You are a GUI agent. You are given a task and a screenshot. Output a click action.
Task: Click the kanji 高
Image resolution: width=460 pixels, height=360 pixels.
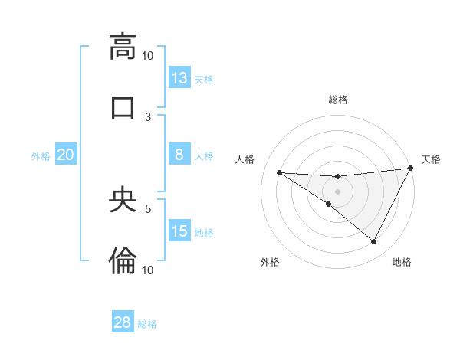click(x=123, y=47)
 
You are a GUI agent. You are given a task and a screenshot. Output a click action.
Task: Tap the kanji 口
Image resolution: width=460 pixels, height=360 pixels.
click(x=123, y=108)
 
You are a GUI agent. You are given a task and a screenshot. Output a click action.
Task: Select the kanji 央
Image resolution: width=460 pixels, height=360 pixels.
click(x=123, y=200)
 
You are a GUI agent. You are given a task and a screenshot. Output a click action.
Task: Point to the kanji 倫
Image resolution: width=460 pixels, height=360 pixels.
click(x=123, y=261)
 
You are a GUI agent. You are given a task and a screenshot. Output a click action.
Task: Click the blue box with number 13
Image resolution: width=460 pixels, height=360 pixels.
click(x=179, y=78)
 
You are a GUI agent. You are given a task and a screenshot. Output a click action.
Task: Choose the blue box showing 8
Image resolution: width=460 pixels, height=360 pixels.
click(x=179, y=155)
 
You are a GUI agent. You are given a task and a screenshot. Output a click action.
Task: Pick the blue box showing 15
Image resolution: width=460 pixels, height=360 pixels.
click(x=179, y=231)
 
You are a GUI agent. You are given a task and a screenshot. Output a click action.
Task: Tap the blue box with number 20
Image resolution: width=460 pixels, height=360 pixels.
click(x=66, y=155)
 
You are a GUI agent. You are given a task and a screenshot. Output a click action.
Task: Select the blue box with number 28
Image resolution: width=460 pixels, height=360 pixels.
click(x=123, y=322)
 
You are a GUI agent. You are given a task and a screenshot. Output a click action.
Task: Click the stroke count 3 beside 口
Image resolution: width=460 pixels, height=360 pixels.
click(x=149, y=117)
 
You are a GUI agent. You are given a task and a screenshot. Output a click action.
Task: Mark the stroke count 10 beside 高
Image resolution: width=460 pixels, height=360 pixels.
click(x=148, y=56)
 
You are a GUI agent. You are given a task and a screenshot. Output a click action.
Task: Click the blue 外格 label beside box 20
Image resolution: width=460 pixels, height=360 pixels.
click(x=41, y=156)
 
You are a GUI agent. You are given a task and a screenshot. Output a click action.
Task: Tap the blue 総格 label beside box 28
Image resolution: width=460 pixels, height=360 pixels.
click(x=147, y=324)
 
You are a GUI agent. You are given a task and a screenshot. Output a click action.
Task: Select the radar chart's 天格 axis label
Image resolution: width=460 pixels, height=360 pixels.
click(x=431, y=159)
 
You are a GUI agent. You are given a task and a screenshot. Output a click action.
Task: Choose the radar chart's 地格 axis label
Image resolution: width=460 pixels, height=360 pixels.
click(x=402, y=262)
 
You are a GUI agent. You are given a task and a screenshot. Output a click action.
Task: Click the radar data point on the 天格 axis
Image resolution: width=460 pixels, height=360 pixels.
click(x=410, y=169)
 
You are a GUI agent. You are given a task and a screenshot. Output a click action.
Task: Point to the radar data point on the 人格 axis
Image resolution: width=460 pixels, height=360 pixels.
click(x=280, y=172)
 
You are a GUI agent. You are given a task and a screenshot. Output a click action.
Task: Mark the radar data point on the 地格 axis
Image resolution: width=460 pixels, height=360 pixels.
click(x=374, y=242)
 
